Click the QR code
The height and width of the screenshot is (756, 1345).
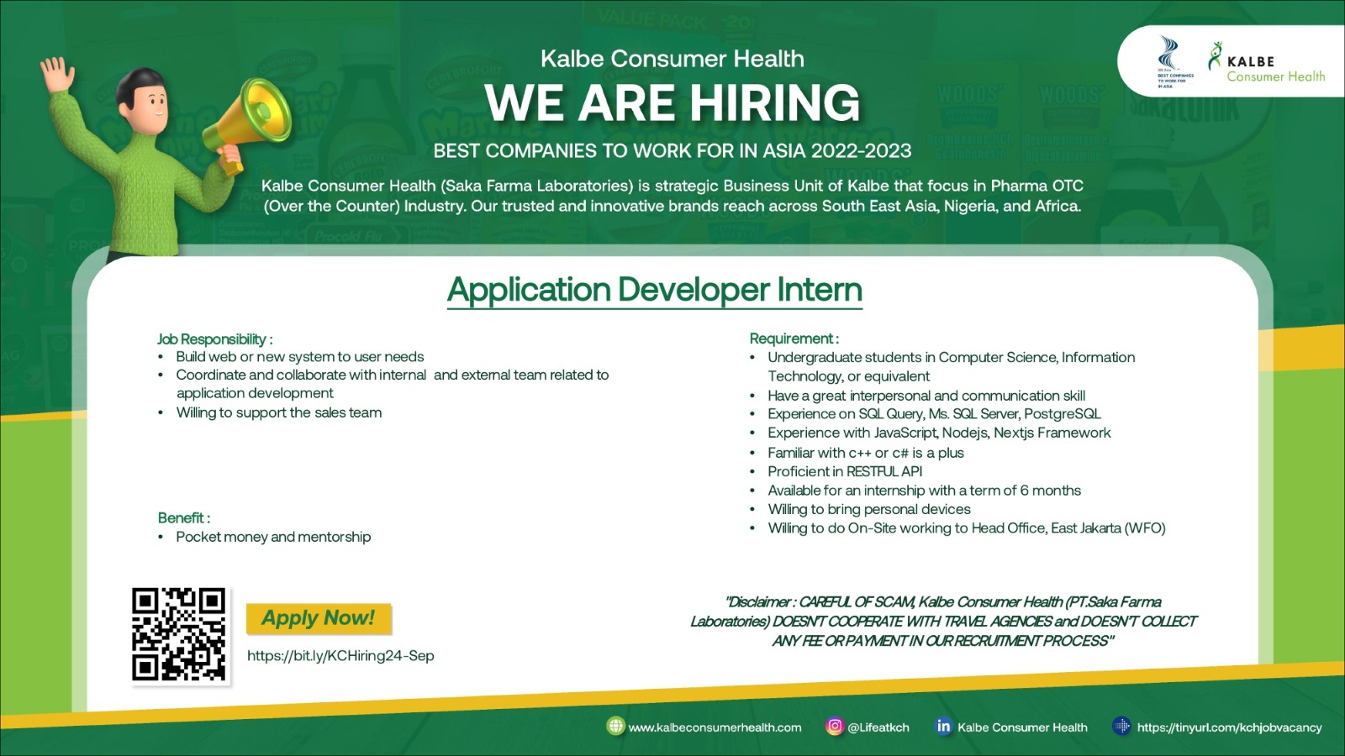[x=179, y=635]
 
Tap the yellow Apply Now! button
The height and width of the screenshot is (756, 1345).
[x=319, y=618]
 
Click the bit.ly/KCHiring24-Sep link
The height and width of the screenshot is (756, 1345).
[x=340, y=656]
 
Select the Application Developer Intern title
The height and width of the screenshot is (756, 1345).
[x=655, y=290]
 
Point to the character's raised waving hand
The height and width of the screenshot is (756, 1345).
[x=57, y=75]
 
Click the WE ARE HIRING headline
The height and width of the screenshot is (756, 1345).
[x=672, y=102]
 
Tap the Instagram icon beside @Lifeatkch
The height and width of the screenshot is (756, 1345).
[x=834, y=727]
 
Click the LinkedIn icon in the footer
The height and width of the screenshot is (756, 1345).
[x=943, y=727]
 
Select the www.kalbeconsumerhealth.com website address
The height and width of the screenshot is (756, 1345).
[x=715, y=727]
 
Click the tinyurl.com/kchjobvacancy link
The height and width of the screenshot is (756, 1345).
[x=1229, y=727]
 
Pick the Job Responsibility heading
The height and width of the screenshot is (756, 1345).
[x=215, y=339]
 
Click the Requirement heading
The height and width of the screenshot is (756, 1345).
[x=794, y=339]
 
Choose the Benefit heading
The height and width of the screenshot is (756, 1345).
[x=184, y=517]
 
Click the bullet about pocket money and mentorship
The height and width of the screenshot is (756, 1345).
[x=273, y=537]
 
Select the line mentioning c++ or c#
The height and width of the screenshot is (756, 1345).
[x=865, y=453]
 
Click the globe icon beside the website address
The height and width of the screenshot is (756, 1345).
[x=615, y=726]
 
